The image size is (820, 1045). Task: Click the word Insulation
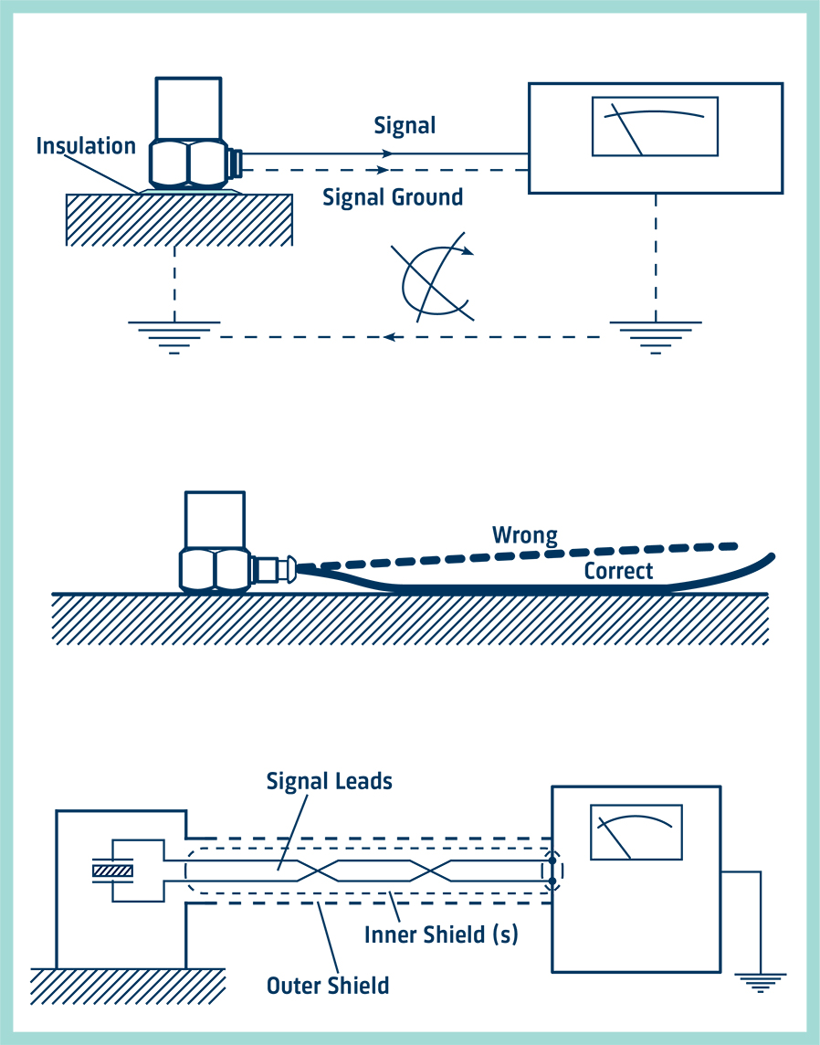click(86, 145)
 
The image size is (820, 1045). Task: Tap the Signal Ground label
click(393, 197)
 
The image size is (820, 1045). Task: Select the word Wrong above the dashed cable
click(524, 534)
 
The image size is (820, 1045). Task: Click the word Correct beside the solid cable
click(618, 571)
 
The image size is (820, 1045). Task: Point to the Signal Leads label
click(329, 781)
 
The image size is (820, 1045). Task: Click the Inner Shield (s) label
click(441, 935)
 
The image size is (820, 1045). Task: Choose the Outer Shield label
click(328, 986)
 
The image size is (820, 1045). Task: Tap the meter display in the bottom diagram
click(636, 832)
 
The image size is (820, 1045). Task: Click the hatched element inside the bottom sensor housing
click(112, 871)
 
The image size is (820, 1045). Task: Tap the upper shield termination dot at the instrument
click(552, 860)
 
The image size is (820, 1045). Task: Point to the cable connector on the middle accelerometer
click(274, 570)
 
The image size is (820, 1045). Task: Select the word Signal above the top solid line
click(405, 125)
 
